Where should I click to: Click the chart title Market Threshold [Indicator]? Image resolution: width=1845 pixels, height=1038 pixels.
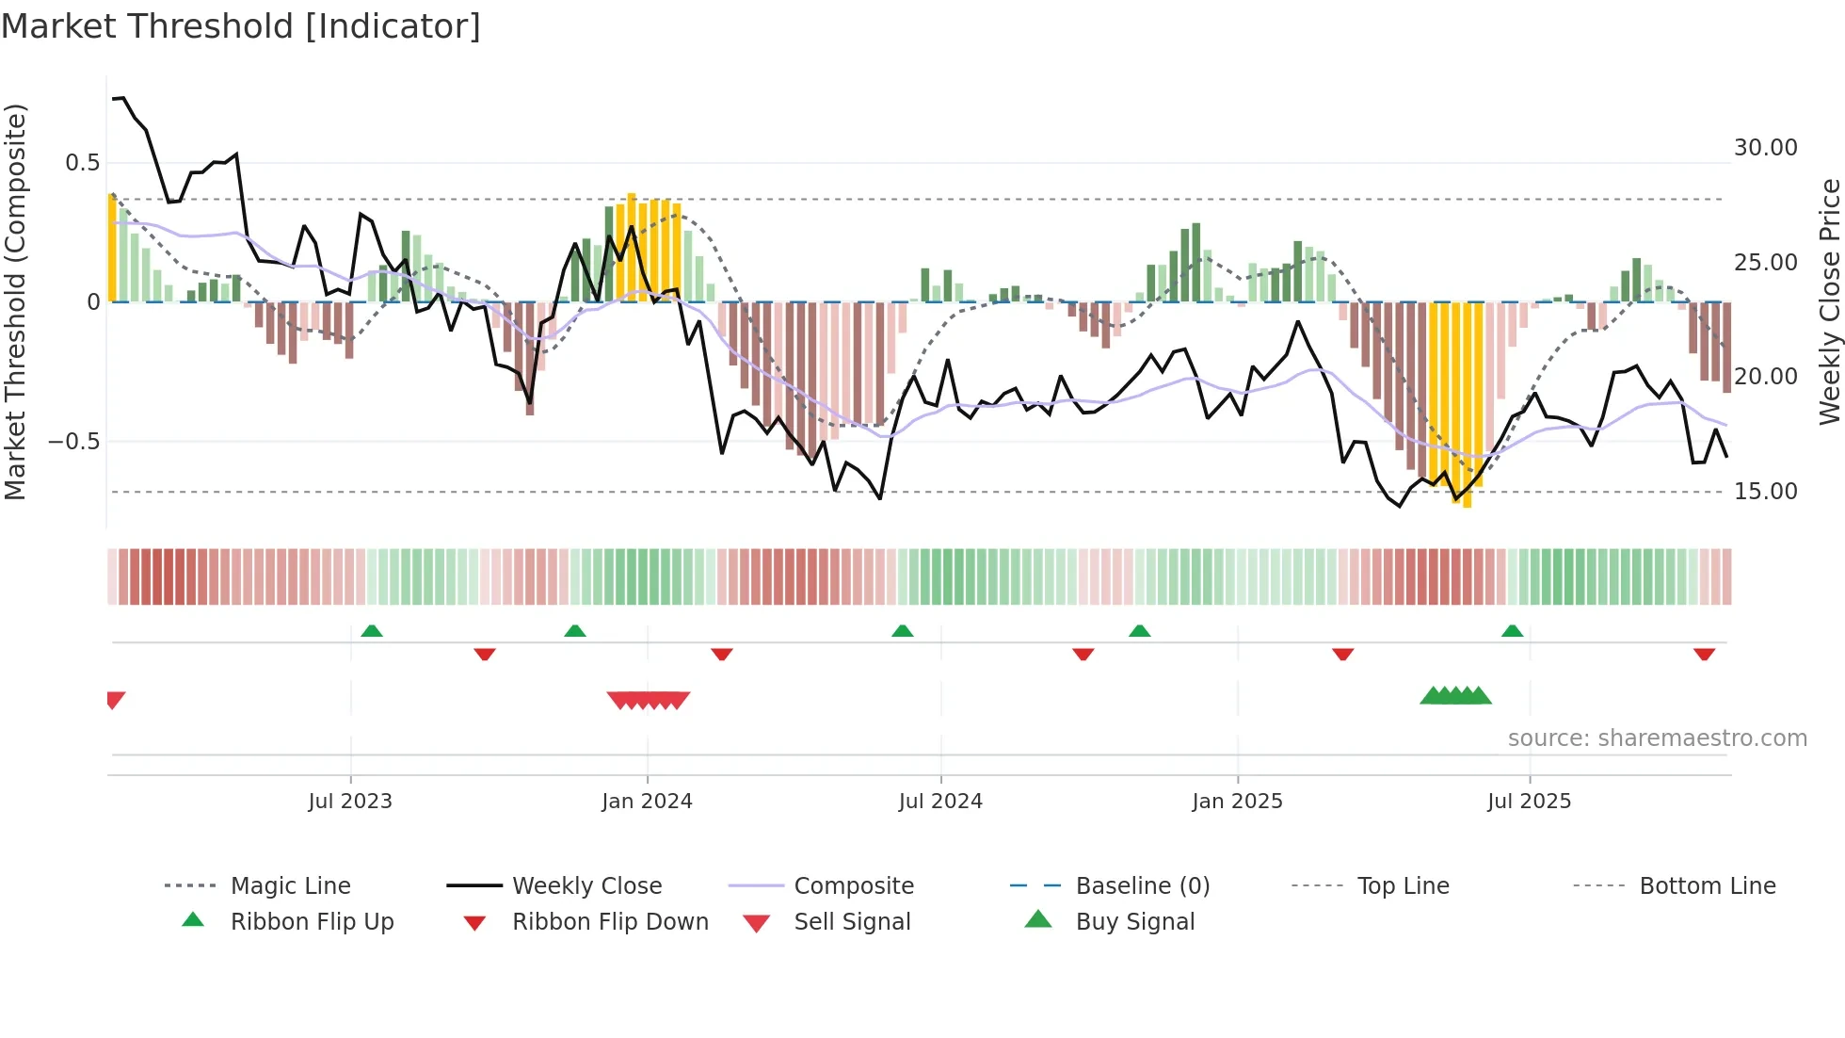[241, 26]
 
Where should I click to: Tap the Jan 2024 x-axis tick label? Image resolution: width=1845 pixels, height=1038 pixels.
[647, 802]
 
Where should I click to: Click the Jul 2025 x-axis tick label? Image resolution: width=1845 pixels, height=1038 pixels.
[1529, 802]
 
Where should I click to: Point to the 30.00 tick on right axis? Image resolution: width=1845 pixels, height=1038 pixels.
[1765, 148]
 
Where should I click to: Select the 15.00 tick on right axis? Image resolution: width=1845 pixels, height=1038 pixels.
[1765, 492]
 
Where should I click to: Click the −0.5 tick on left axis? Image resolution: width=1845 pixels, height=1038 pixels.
[74, 442]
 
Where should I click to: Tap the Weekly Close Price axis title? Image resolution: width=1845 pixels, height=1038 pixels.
[1829, 301]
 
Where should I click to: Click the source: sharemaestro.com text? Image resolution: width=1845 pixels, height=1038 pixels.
[1657, 738]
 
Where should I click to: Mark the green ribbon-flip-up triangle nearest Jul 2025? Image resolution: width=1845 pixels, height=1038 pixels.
[1512, 631]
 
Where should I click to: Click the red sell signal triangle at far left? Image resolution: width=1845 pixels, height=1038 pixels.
[115, 700]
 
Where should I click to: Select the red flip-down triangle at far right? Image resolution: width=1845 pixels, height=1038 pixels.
[1704, 654]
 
